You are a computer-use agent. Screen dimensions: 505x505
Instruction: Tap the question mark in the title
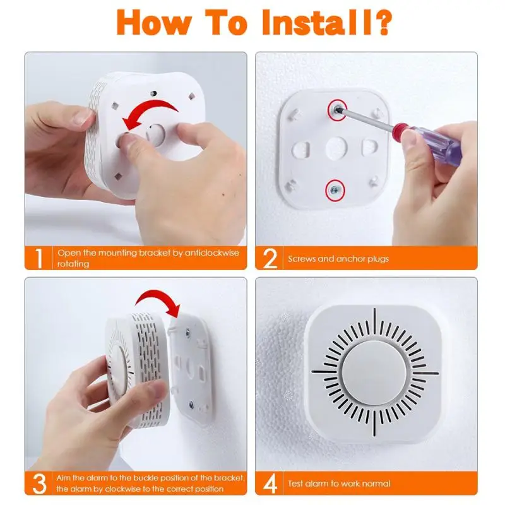tap(384, 22)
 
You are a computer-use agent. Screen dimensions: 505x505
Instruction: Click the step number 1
tap(39, 258)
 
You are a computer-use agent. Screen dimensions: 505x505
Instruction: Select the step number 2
tap(270, 258)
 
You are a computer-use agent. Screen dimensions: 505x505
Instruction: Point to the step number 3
tap(39, 483)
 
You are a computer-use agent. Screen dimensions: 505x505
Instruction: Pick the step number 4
tap(270, 484)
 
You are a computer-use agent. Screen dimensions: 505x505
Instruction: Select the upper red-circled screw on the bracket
tap(338, 110)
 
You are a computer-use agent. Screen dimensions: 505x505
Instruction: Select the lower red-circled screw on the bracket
tap(335, 191)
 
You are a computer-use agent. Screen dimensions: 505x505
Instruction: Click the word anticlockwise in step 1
tap(211, 253)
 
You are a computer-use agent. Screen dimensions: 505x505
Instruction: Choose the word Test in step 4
tap(295, 484)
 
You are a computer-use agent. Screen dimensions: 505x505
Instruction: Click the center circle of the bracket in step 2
tap(336, 148)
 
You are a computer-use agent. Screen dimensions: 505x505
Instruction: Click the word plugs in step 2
tap(377, 259)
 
